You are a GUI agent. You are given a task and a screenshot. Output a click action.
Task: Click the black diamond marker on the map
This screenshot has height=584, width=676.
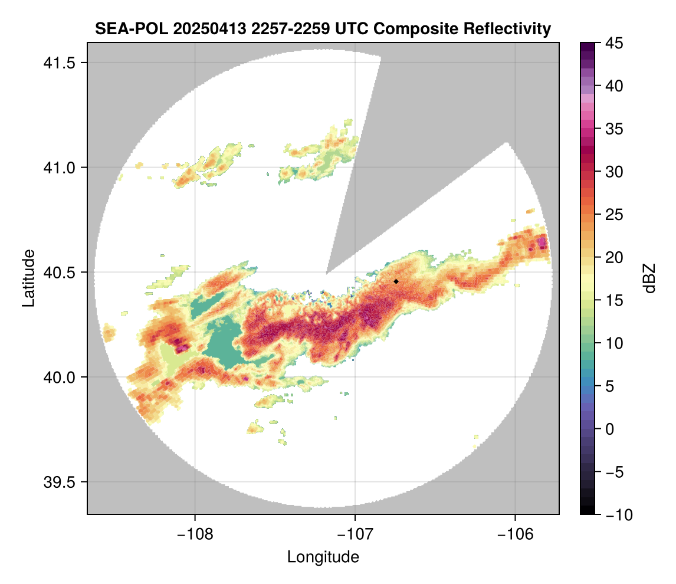(x=396, y=281)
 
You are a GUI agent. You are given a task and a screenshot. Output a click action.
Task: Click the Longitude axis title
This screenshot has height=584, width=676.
(x=323, y=557)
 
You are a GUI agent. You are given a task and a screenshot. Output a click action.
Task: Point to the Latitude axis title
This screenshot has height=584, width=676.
(x=28, y=278)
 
